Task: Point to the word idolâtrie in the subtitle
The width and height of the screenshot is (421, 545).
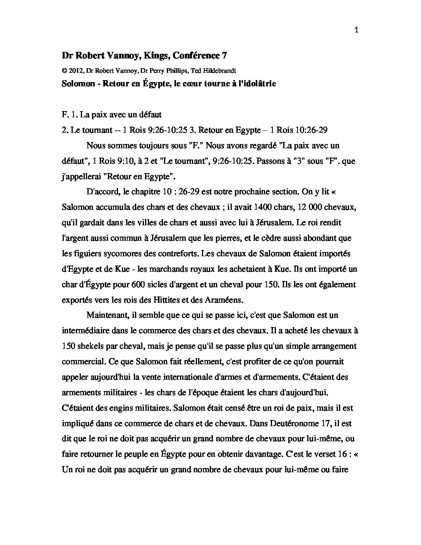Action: (x=258, y=84)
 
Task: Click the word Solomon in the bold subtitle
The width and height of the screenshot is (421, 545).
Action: (x=79, y=84)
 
